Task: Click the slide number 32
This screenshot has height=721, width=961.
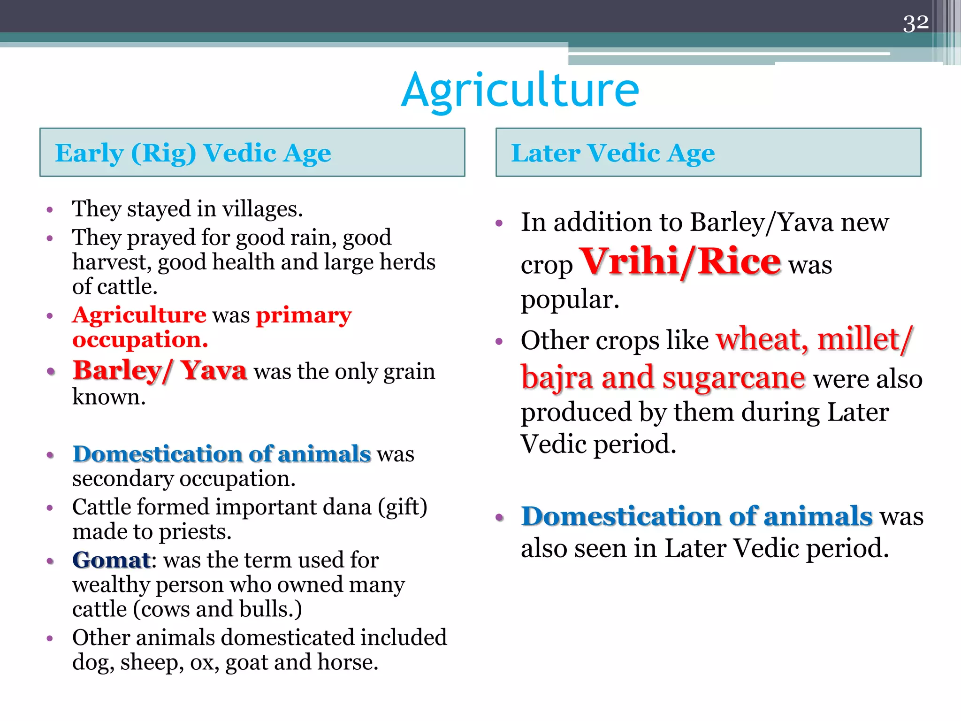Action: click(x=915, y=23)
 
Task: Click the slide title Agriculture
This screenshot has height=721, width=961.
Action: click(x=520, y=90)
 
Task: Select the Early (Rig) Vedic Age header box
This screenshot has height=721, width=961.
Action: click(x=252, y=153)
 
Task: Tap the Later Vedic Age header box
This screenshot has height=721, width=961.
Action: click(x=708, y=153)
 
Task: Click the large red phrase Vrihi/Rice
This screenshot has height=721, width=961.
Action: click(x=680, y=262)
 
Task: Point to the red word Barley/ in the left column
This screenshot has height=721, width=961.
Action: click(x=122, y=371)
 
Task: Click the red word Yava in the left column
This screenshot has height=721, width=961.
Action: click(x=214, y=371)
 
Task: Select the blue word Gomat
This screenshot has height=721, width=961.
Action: click(x=111, y=560)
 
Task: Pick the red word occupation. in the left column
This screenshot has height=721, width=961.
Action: click(x=140, y=339)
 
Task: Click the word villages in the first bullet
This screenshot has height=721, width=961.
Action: click(x=261, y=209)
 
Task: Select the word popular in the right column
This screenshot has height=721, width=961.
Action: click(x=569, y=299)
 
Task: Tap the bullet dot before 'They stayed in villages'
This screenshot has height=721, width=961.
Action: click(x=50, y=210)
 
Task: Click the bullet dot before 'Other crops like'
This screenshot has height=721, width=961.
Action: click(x=499, y=341)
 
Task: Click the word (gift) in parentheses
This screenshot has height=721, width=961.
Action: click(x=403, y=507)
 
